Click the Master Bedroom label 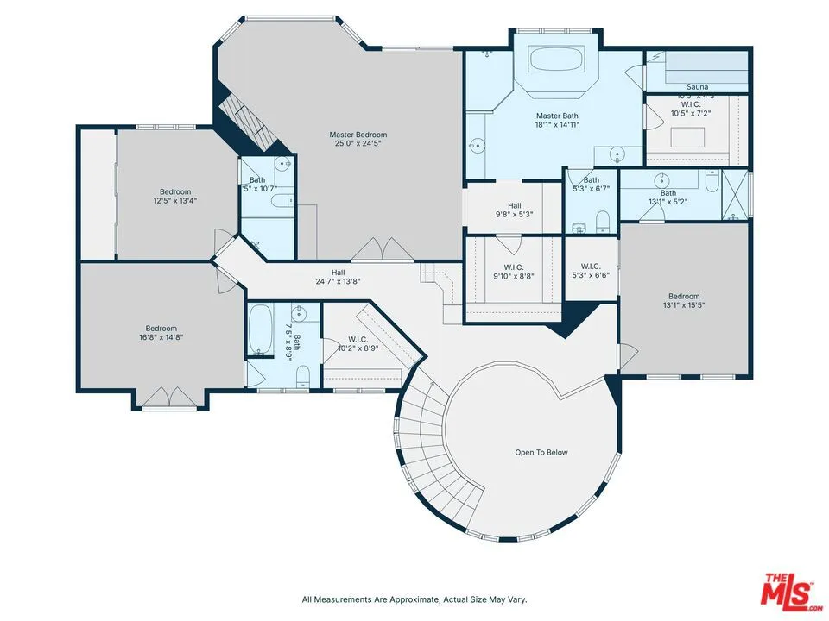pos(358,135)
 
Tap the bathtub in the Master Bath pos(557,60)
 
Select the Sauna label pos(697,87)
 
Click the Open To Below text pos(541,452)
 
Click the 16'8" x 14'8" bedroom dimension pos(161,338)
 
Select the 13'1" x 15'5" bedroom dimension pos(683,305)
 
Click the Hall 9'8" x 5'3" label pos(514,215)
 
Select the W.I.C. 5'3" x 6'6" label pos(591,276)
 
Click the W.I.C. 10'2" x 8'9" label pos(358,348)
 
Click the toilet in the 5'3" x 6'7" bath pos(603,223)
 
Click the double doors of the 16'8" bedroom pos(169,398)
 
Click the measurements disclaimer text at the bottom pos(414,599)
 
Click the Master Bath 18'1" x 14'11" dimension pos(557,125)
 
